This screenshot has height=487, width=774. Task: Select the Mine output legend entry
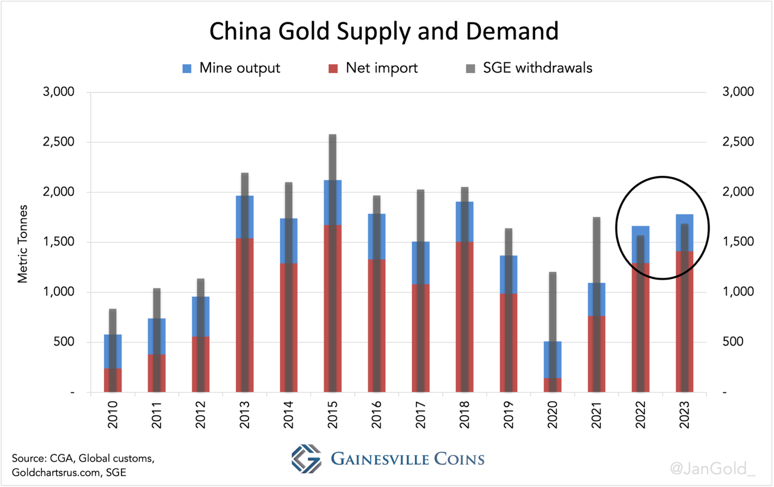[239, 68]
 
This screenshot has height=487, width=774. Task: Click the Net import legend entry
[381, 68]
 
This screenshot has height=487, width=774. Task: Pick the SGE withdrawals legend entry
[537, 68]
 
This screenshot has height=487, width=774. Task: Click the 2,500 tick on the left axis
[57, 142]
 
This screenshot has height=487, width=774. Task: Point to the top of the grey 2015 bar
[333, 137]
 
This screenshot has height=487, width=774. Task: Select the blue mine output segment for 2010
[105, 350]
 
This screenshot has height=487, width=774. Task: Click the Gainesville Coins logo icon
[306, 459]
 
